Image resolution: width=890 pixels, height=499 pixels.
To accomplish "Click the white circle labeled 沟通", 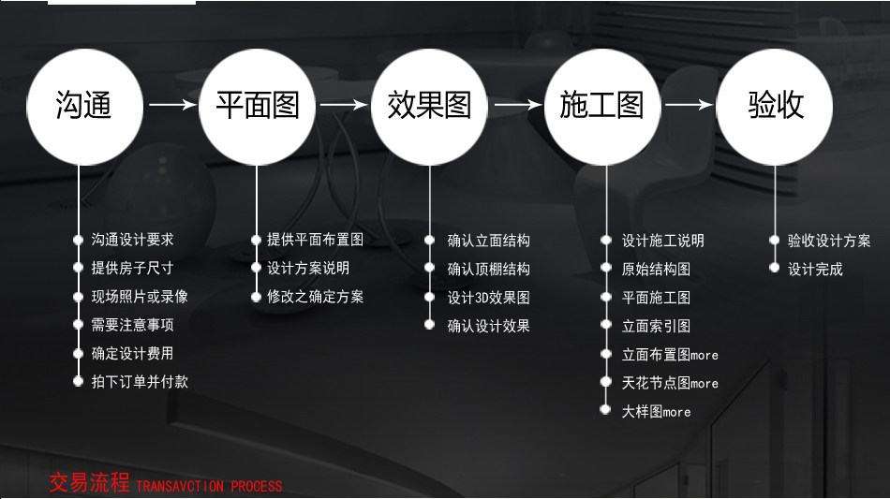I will [x=83, y=105].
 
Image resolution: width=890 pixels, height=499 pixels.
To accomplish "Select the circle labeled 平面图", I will [x=257, y=105].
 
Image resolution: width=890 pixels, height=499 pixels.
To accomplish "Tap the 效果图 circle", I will [x=430, y=105].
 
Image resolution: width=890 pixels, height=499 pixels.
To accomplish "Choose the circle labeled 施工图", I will [x=602, y=105].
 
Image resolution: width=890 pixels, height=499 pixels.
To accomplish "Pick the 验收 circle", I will [x=776, y=105].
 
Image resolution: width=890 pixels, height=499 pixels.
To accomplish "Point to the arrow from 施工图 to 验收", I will [x=689, y=105].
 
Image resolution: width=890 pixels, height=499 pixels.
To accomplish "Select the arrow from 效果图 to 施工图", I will [x=516, y=105].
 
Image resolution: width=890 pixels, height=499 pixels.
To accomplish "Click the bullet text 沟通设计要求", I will [x=132, y=240].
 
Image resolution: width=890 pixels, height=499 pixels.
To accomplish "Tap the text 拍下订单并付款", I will [x=140, y=382].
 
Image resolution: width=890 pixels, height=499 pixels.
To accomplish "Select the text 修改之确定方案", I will [x=315, y=297].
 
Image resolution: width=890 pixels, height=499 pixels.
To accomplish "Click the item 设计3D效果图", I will [x=488, y=298].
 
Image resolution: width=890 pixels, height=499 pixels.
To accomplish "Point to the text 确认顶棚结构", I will [x=488, y=269].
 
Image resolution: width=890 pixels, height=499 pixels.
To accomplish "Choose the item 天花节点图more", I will [x=670, y=383].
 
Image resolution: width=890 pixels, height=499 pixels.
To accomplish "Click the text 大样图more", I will [x=656, y=411].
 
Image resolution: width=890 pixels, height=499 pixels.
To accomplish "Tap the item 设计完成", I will [x=815, y=269].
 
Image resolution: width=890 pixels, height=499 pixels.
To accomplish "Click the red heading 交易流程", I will [x=89, y=484].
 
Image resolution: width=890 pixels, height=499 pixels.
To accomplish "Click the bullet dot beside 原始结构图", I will [x=605, y=269].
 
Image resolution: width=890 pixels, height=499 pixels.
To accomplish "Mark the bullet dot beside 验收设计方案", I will [x=775, y=241].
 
